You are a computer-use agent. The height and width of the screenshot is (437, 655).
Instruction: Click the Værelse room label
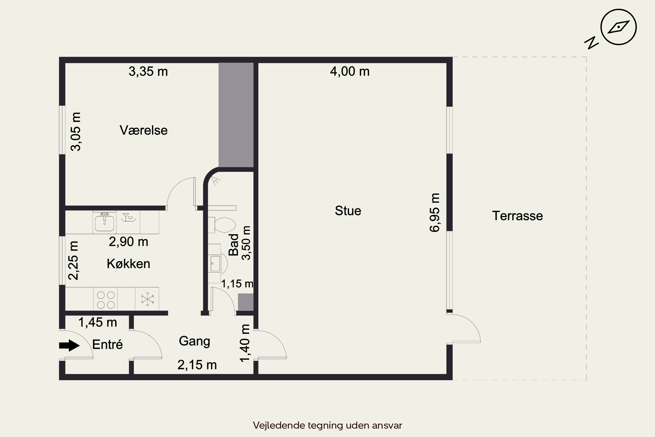pyautogui.click(x=143, y=130)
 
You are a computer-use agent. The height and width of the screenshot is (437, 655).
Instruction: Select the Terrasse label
pyautogui.click(x=517, y=216)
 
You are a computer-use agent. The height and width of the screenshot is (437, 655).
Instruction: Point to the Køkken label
pyautogui.click(x=128, y=264)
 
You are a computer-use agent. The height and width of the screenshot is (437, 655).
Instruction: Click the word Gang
pyautogui.click(x=194, y=341)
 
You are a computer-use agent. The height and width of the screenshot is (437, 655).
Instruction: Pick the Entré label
pyautogui.click(x=107, y=345)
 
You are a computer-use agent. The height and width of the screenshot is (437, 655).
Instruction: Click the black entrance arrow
pyautogui.click(x=69, y=346)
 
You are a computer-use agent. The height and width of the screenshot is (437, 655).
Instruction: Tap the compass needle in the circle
pyautogui.click(x=619, y=27)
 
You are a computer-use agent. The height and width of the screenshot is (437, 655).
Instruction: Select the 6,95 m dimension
pyautogui.click(x=434, y=212)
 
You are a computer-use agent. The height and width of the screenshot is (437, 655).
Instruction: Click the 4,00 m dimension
pyautogui.click(x=350, y=71)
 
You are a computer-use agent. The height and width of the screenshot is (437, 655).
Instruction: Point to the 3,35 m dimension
pyautogui.click(x=148, y=72)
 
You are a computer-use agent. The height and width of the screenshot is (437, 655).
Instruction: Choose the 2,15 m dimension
pyautogui.click(x=197, y=365)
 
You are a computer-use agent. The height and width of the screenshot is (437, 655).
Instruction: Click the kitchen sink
pyautogui.click(x=104, y=222)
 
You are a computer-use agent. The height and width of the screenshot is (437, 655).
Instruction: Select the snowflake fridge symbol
pyautogui.click(x=147, y=299)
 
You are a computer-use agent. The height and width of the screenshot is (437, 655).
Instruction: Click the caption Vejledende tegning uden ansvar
pyautogui.click(x=327, y=425)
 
